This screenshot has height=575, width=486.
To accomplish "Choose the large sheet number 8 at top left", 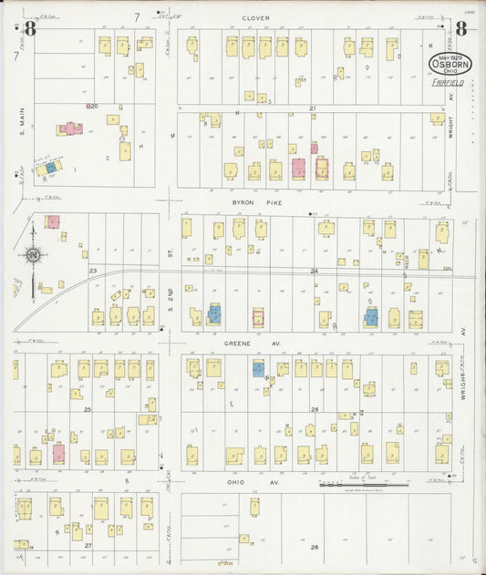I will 30,29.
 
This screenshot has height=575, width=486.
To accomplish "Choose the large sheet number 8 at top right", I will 460,28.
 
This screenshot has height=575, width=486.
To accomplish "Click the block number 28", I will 315,547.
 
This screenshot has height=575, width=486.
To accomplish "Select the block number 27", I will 88,545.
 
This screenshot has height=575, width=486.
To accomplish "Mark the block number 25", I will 88,409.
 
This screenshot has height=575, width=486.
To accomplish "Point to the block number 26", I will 315,409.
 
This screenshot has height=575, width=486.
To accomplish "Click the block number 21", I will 312,108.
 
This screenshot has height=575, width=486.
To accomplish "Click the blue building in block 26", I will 258,369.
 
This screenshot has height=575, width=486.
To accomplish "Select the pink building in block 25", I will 59,452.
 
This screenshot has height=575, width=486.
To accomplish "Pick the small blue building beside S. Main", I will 52,168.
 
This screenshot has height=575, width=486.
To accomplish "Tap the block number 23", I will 93,271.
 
